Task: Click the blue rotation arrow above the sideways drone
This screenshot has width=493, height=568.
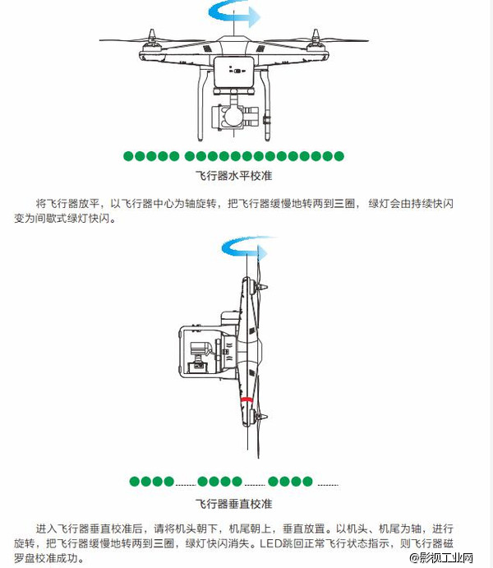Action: tap(246, 248)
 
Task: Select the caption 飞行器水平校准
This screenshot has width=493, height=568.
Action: tap(233, 175)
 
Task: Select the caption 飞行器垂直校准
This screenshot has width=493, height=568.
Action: tap(233, 502)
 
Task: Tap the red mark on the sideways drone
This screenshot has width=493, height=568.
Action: tap(246, 399)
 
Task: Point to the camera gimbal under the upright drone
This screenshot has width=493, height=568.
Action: tap(233, 117)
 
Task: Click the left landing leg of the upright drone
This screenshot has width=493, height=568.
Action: tap(200, 107)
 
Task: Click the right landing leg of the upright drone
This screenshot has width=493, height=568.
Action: tap(269, 107)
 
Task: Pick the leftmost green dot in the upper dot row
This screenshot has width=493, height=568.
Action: tap(128, 156)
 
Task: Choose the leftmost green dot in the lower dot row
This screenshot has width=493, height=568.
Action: tap(134, 481)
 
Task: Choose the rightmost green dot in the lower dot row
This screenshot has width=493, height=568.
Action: tap(308, 481)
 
